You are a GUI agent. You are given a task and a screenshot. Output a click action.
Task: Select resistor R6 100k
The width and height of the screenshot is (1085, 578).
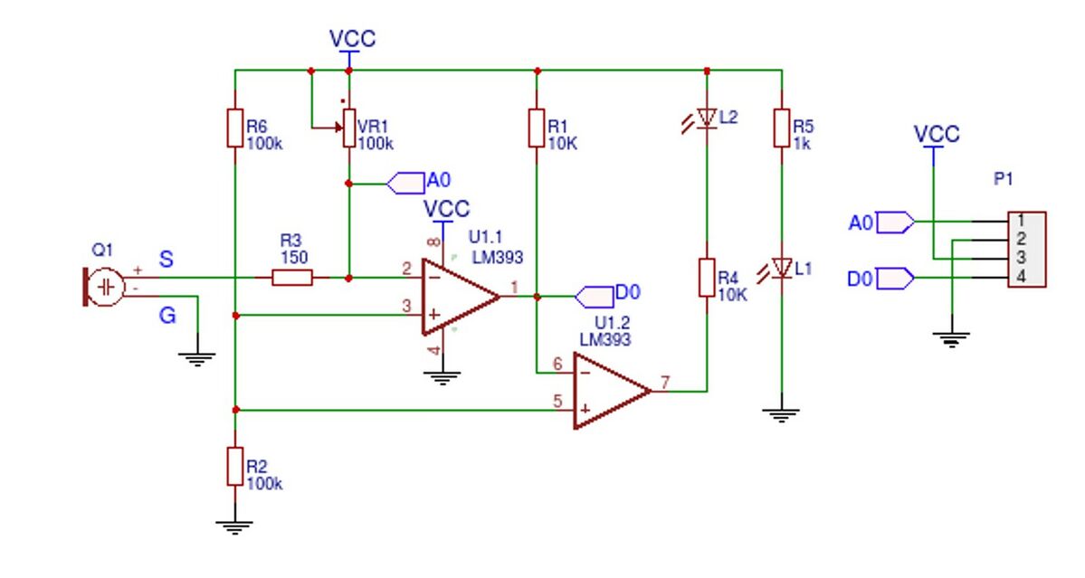[234, 128]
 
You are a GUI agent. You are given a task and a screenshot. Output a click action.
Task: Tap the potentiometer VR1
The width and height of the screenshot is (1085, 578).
[348, 128]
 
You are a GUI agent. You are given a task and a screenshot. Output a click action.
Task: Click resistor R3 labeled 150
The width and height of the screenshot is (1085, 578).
[292, 278]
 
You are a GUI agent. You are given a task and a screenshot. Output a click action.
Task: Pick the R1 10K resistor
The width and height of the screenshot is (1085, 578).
[537, 128]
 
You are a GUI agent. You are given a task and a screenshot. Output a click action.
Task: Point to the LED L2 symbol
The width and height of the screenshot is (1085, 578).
[706, 118]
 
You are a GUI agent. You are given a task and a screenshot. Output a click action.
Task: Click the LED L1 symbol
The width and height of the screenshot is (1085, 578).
[781, 268]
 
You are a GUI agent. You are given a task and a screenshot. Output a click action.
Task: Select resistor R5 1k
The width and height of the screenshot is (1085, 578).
[781, 128]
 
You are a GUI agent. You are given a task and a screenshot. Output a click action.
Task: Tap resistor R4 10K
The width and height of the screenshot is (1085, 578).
[707, 278]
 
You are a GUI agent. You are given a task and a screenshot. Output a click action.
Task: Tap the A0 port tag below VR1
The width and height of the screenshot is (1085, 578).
[406, 184]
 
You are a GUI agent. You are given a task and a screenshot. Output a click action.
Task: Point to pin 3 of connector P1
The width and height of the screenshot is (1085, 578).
[1021, 258]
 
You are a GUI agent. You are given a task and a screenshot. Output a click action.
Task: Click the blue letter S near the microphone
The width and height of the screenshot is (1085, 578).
[167, 260]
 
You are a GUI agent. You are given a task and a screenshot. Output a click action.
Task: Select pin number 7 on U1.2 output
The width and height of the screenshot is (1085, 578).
[665, 382]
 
